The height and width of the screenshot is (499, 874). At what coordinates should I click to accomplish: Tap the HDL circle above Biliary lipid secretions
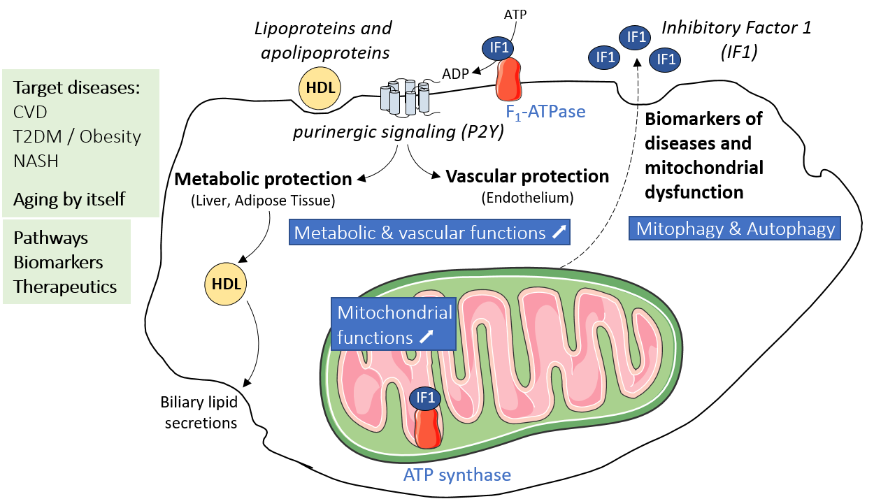[x=225, y=284]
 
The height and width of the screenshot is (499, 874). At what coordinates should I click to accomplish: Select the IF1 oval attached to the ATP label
[x=499, y=48]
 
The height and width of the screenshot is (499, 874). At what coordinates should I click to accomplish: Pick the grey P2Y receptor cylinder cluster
[x=405, y=96]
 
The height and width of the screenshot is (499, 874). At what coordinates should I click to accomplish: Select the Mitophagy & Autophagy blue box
[x=735, y=229]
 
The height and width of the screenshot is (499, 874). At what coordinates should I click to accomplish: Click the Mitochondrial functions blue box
[x=394, y=324]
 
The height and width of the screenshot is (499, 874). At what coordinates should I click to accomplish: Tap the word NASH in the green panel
[x=36, y=161]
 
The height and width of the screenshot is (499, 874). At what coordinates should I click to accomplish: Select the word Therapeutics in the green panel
[x=65, y=287]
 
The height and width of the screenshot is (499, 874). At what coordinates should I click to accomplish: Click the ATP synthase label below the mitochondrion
[x=457, y=475]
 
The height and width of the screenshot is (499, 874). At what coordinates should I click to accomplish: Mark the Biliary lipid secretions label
[x=199, y=412]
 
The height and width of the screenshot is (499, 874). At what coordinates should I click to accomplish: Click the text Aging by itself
[x=69, y=199]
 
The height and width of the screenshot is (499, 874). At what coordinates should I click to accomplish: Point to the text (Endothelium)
[x=528, y=198]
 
